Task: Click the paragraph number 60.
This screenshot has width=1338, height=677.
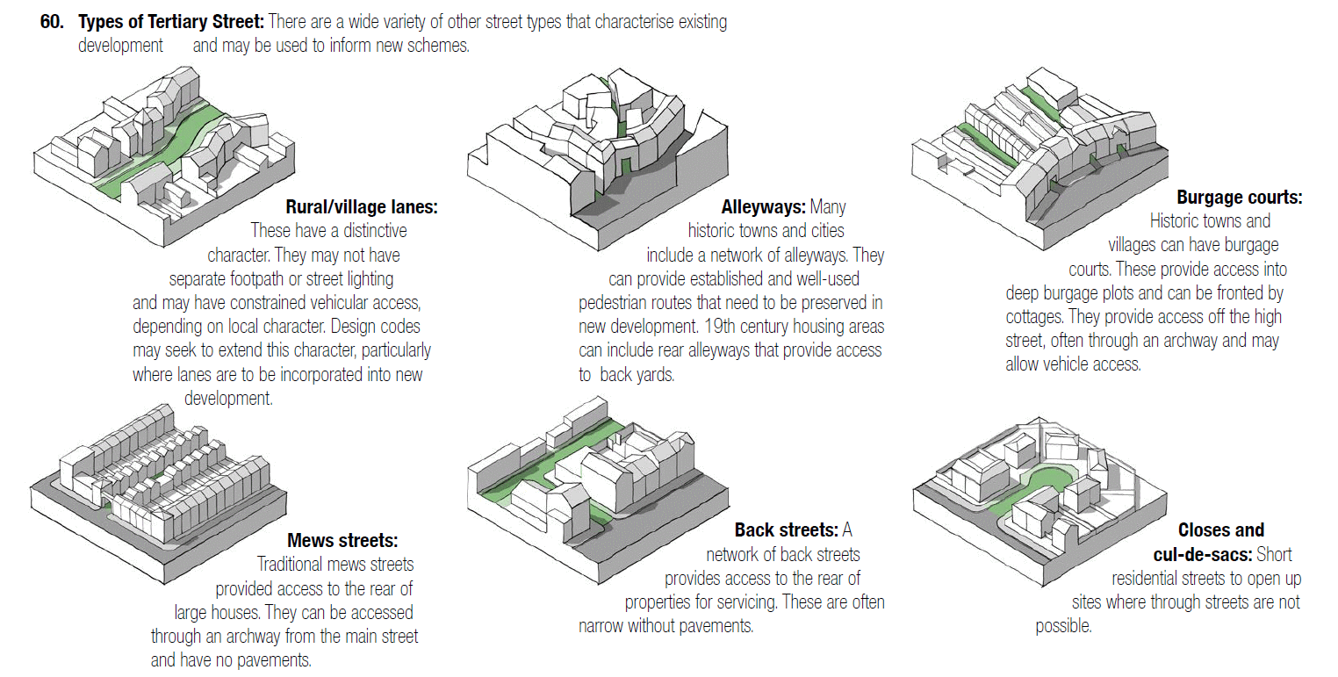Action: pos(52,23)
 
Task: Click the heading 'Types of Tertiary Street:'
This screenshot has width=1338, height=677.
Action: pos(171,23)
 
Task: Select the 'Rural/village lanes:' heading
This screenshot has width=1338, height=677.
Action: pos(361,207)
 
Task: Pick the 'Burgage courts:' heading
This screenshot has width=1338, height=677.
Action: pos(1239,198)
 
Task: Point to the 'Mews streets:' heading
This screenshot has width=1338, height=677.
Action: pos(342,540)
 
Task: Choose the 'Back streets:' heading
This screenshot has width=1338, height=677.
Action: pos(786,530)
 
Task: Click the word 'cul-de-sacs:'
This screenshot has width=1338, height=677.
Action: pos(1202,555)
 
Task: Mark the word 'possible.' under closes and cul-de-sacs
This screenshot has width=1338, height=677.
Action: pos(1063,626)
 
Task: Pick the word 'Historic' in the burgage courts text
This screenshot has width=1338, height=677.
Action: pos(1177,221)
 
